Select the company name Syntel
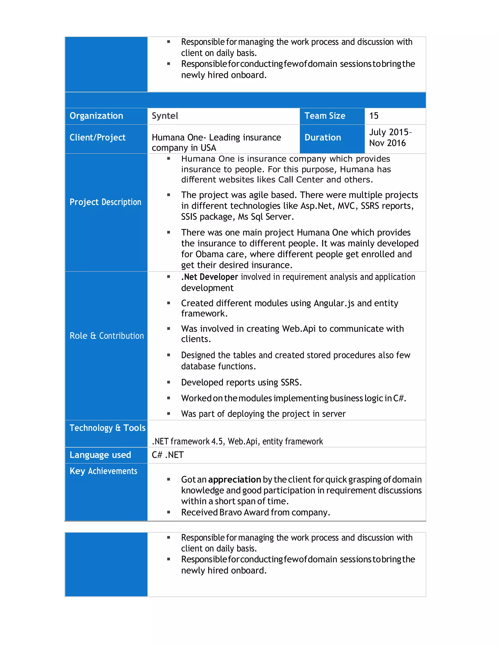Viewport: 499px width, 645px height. click(165, 116)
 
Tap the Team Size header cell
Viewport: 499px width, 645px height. click(325, 116)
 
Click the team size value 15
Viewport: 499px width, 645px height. click(374, 116)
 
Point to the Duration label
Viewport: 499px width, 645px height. click(323, 138)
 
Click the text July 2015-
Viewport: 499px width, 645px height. click(390, 132)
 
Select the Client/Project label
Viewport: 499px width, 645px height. click(97, 138)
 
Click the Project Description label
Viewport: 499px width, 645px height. click(105, 202)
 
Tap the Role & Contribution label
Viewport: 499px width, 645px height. click(106, 336)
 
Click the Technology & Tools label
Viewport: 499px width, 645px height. click(107, 428)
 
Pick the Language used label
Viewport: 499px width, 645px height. click(100, 455)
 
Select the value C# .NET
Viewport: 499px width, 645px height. click(168, 455)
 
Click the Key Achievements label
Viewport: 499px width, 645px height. click(103, 471)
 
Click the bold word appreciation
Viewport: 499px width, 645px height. click(234, 480)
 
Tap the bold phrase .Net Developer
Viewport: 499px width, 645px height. click(209, 277)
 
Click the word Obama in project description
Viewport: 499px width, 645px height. click(209, 254)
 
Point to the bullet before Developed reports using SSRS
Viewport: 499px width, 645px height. click(169, 382)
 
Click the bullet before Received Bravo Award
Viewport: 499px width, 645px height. click(169, 512)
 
